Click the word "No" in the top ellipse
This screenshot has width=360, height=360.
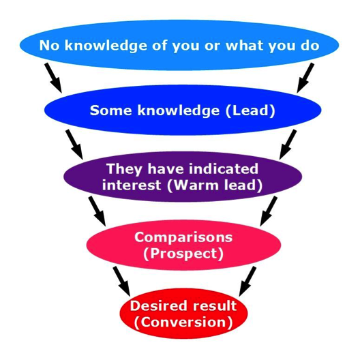tap(49, 45)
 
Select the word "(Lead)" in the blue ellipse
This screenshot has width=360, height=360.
tap(251, 110)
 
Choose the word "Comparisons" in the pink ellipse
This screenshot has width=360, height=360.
tap(183, 237)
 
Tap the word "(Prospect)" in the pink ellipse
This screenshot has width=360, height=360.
tap(183, 254)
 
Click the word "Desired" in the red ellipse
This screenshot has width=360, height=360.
tap(159, 306)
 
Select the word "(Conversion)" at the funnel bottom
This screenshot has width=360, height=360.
tap(183, 322)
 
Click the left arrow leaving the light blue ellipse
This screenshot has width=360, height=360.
tap(53, 78)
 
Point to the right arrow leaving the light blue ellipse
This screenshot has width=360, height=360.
tap(305, 78)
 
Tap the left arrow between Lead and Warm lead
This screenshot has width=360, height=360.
tap(74, 144)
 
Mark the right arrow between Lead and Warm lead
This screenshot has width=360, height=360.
tap(288, 144)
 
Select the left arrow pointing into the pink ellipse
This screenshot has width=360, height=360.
tap(97, 211)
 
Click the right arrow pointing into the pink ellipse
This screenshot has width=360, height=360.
tap(269, 211)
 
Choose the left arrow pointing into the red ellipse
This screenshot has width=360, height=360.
tap(121, 281)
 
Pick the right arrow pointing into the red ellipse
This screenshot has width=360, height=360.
tap(247, 281)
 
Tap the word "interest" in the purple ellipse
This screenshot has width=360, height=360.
tap(132, 185)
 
